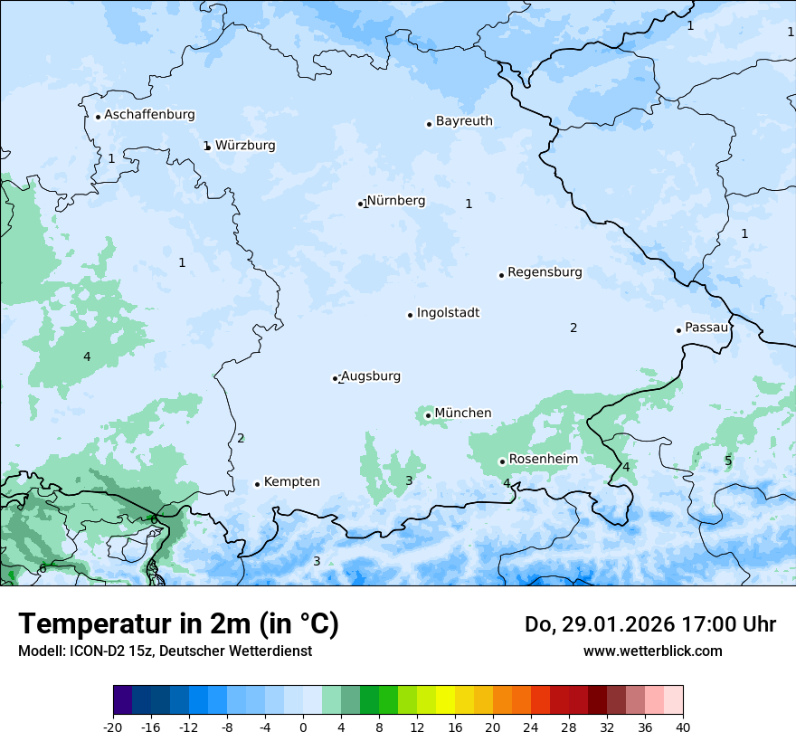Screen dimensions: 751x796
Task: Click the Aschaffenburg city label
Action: pos(149,115)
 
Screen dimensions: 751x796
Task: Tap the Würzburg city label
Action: pos(245,145)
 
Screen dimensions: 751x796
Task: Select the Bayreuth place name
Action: pos(464,121)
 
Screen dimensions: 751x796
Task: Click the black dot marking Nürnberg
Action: pos(360,204)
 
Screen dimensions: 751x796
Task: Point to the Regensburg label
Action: pos(545,272)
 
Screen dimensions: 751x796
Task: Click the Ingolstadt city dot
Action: pos(410,315)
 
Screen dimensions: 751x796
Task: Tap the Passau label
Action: pos(706,328)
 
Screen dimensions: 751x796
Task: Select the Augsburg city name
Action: pos(371,376)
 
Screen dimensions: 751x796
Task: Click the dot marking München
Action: pos(428,415)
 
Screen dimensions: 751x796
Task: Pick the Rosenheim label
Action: pos(543,460)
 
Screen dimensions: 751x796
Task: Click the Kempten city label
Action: pos(291,482)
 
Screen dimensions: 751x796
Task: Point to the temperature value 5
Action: pos(728,461)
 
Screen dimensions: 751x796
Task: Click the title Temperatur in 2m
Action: pos(178,623)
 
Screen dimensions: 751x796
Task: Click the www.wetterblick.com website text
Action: pos(652,651)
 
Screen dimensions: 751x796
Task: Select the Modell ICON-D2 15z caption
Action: pos(165,651)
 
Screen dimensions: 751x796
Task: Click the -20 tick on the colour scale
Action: pos(113,727)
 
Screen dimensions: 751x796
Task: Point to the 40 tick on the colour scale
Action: pos(683,727)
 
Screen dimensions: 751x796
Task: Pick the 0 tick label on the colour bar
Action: pos(303,727)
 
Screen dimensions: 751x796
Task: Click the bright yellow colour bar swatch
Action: pos(445,700)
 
